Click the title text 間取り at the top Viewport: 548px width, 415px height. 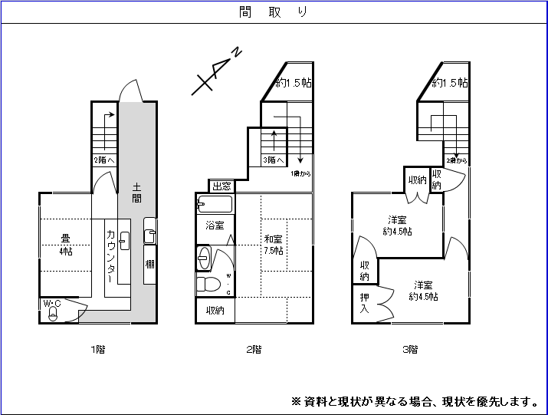coord(274,13)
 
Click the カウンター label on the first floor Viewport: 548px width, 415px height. coord(111,257)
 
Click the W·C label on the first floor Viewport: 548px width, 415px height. coord(51,304)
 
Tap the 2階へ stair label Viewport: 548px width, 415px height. coord(104,160)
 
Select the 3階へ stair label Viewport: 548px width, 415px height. coord(274,160)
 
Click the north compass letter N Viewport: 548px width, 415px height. coord(238,53)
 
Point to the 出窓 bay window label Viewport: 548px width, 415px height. coord(221,186)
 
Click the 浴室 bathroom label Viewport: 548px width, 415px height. coord(215,226)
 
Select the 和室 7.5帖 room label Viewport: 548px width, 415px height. coord(274,245)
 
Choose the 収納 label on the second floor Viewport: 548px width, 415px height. coord(215,311)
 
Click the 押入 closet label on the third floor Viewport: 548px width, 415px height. coord(364,304)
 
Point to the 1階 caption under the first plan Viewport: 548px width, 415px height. coord(97,350)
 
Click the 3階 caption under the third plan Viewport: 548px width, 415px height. coord(410,350)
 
